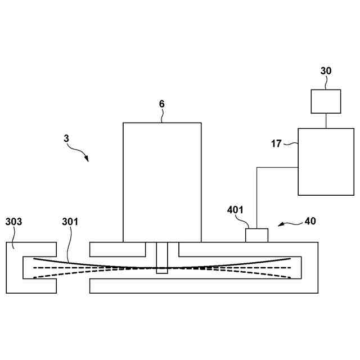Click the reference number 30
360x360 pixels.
[326, 71]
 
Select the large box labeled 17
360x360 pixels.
[326, 161]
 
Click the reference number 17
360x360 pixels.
[276, 143]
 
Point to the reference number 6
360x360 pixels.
[162, 104]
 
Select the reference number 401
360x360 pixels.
[235, 210]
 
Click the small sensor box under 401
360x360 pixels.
[256, 235]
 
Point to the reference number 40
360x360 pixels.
[310, 221]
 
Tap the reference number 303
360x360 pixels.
[13, 222]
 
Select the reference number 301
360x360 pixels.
[70, 222]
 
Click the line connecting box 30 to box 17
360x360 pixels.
[326, 120]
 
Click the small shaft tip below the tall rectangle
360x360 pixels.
[162, 270]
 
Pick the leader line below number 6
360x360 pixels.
[162, 116]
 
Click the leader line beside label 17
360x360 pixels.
[290, 145]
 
